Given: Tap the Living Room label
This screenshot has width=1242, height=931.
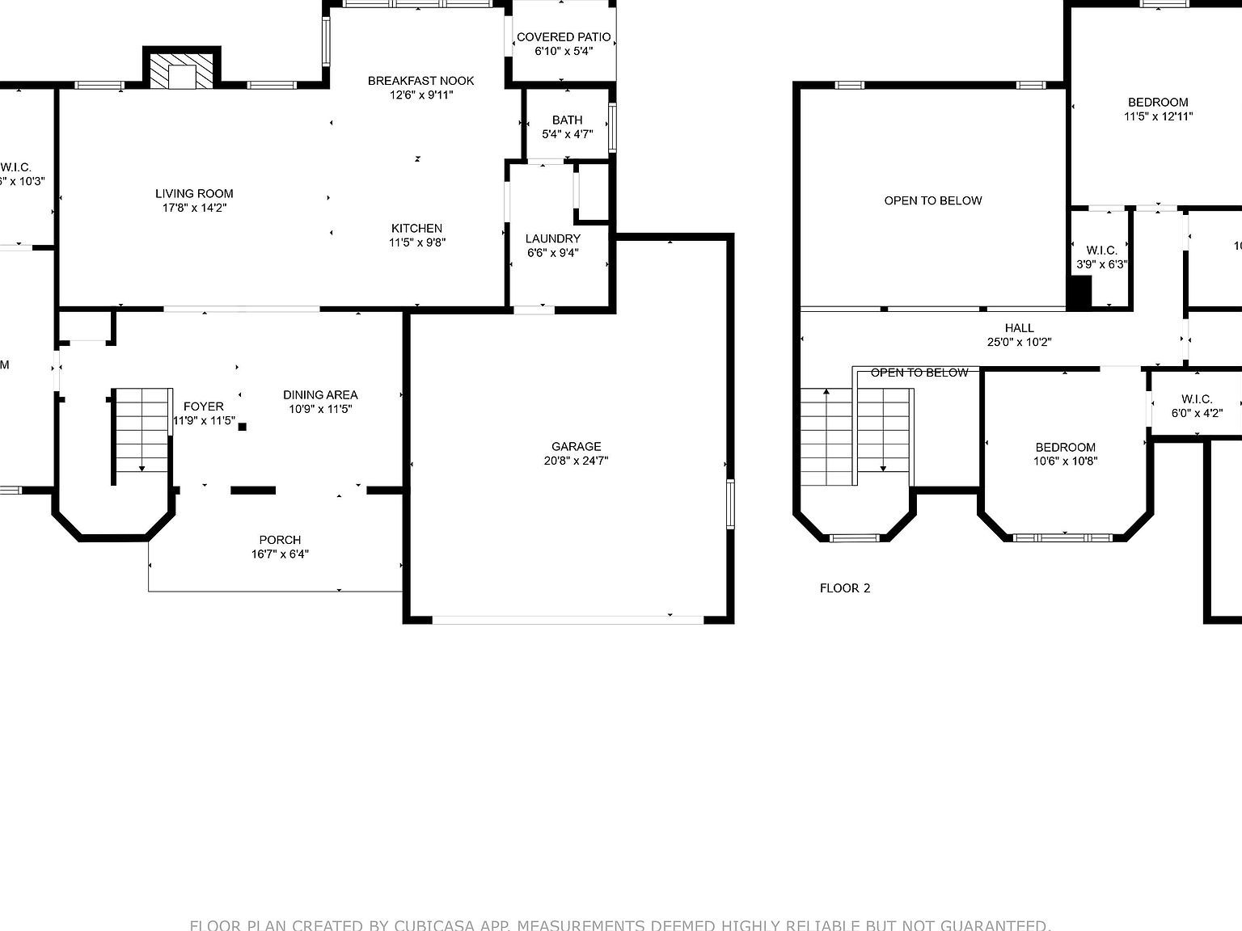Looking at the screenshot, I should tap(194, 194).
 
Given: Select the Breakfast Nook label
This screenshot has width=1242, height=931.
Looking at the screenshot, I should tap(420, 81).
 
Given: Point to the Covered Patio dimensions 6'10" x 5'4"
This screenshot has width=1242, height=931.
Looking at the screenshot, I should tap(564, 51).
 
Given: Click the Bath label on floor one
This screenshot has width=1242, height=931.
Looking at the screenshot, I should tap(567, 120).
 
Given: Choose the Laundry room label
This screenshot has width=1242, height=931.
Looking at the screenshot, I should tap(553, 238).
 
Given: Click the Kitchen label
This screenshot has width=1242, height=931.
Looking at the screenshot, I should tap(417, 229).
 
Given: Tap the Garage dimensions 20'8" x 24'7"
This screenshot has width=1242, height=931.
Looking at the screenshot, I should tap(576, 461).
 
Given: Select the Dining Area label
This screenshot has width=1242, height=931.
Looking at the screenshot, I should tap(320, 395).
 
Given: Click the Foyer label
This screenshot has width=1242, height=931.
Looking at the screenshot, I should tap(204, 407).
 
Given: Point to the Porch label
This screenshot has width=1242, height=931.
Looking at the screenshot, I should tap(280, 540).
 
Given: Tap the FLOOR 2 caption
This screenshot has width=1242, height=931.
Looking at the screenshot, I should tap(845, 588).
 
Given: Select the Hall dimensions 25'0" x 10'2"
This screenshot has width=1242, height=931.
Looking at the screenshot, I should tap(1019, 342).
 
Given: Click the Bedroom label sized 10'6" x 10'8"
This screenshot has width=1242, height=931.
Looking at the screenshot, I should tap(1065, 448).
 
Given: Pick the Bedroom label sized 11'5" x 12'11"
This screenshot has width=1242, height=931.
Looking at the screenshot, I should tap(1158, 103).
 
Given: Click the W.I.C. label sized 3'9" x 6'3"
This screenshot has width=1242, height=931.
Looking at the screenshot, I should tap(1101, 251).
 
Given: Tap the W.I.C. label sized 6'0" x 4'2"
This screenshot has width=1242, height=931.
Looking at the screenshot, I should tap(1197, 399).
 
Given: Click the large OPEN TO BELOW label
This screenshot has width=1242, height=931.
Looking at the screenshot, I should tap(932, 200).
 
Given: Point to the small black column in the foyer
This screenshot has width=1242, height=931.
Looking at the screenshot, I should tap(242, 427).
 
